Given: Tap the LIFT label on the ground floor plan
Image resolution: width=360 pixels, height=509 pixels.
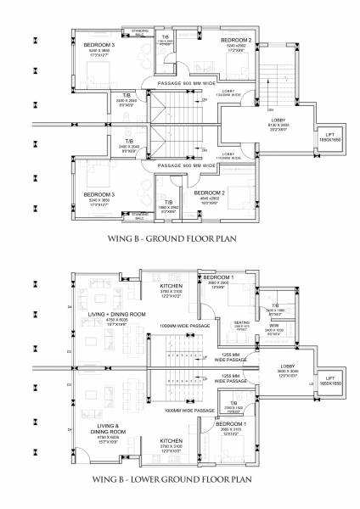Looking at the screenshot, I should click(332, 137).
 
